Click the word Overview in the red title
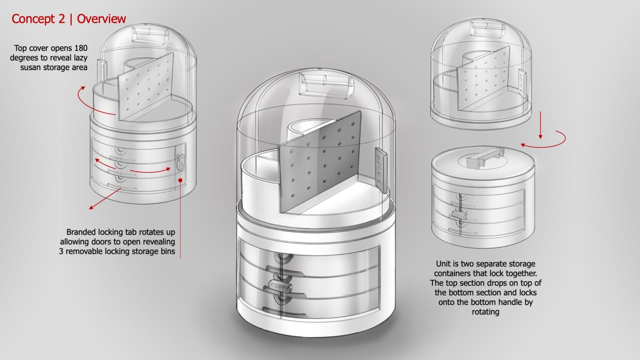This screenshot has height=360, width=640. (101, 19)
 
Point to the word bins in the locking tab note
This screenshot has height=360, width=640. (167, 251)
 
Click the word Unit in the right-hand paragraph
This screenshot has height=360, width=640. (442, 263)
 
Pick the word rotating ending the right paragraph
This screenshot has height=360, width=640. (485, 312)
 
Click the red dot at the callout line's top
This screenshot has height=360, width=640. (180, 180)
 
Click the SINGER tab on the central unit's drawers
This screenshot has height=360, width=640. (280, 287)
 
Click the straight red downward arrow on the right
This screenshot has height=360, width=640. (540, 125)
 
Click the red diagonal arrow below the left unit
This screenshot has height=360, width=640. (105, 199)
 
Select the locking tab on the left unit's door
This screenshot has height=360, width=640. (181, 162)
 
